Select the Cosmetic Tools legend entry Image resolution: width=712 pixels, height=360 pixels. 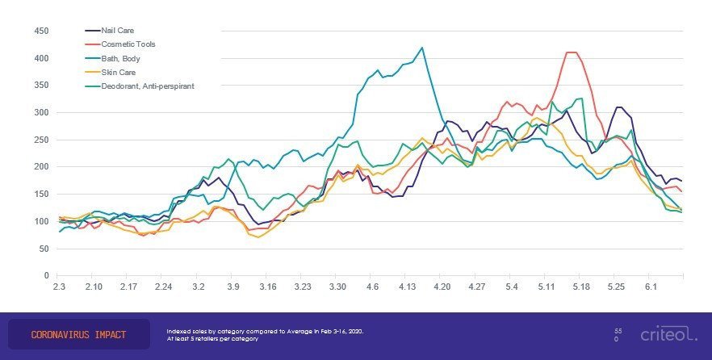pyautogui.click(x=127, y=44)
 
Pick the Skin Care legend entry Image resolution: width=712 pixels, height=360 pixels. pyautogui.click(x=117, y=72)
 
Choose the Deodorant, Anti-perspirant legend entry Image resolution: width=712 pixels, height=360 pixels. pyautogui.click(x=147, y=86)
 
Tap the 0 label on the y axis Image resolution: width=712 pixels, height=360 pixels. pyautogui.click(x=47, y=276)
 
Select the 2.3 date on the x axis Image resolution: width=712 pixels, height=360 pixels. pyautogui.click(x=59, y=287)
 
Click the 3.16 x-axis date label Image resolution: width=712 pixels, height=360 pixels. pyautogui.click(x=268, y=287)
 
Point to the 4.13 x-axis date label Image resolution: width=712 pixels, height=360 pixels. pyautogui.click(x=407, y=287)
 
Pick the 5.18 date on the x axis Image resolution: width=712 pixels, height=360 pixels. pyautogui.click(x=581, y=287)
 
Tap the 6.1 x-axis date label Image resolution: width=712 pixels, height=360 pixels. pyautogui.click(x=651, y=287)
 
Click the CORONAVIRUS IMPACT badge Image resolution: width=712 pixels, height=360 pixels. pyautogui.click(x=78, y=334)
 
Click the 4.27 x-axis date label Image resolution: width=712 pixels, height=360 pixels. pyautogui.click(x=476, y=287)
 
